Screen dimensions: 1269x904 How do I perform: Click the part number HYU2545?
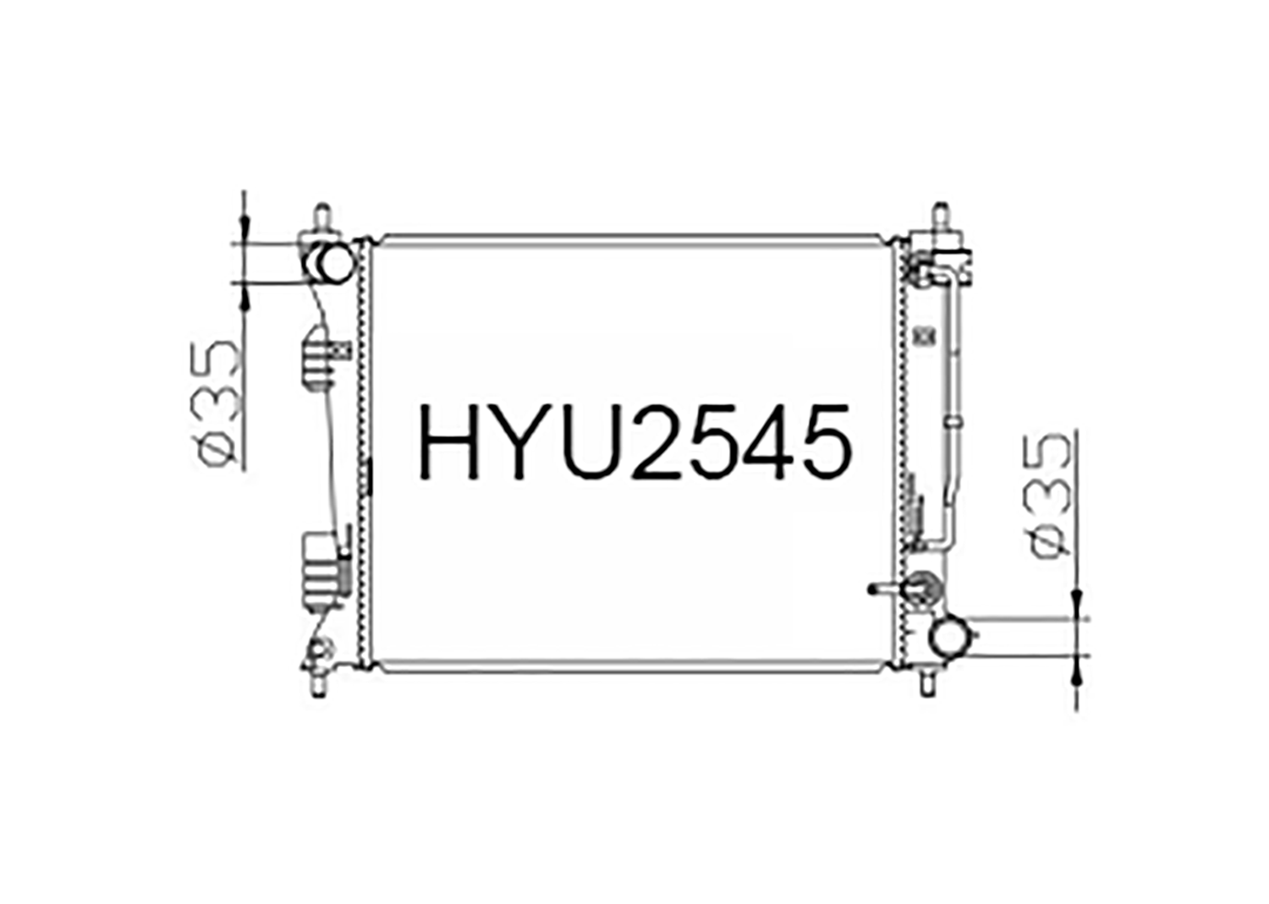[x=634, y=441]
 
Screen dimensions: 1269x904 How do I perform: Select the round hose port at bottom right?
[x=949, y=637]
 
